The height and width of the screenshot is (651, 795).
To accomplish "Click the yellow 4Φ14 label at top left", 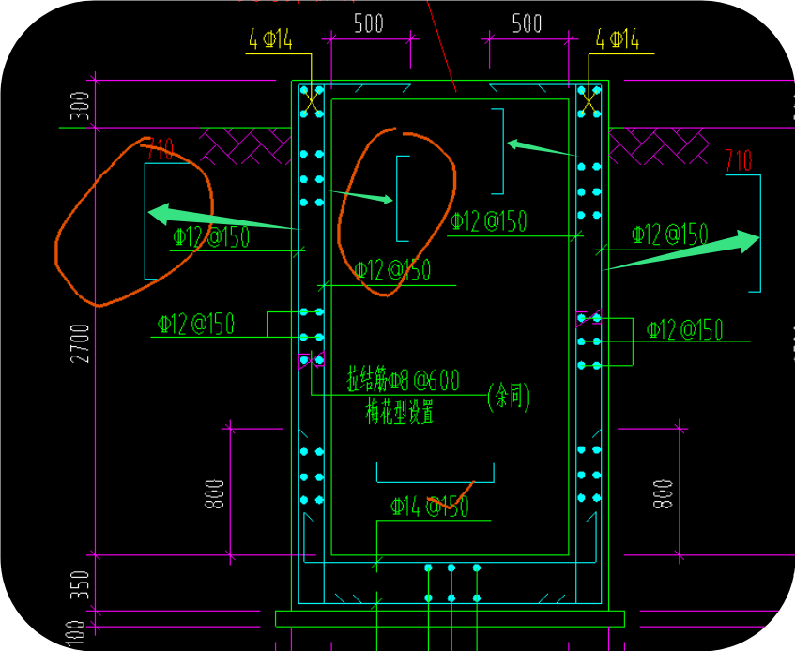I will (x=271, y=39).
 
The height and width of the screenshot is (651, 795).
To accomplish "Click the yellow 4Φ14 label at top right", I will (x=618, y=39).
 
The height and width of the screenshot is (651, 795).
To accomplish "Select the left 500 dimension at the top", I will (x=369, y=23).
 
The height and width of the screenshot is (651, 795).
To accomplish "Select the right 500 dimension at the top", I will (x=527, y=23).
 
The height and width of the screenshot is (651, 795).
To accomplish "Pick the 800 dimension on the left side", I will (x=215, y=493).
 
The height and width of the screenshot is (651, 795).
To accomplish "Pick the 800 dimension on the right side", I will (x=664, y=493).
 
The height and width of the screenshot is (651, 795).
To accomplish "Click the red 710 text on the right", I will (x=739, y=160).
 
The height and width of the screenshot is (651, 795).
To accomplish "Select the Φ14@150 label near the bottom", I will (x=429, y=507).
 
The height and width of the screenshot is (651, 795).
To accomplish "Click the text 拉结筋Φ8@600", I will (x=403, y=380).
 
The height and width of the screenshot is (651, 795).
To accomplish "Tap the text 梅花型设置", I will (x=400, y=411).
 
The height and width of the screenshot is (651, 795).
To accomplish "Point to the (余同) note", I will (x=509, y=398).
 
